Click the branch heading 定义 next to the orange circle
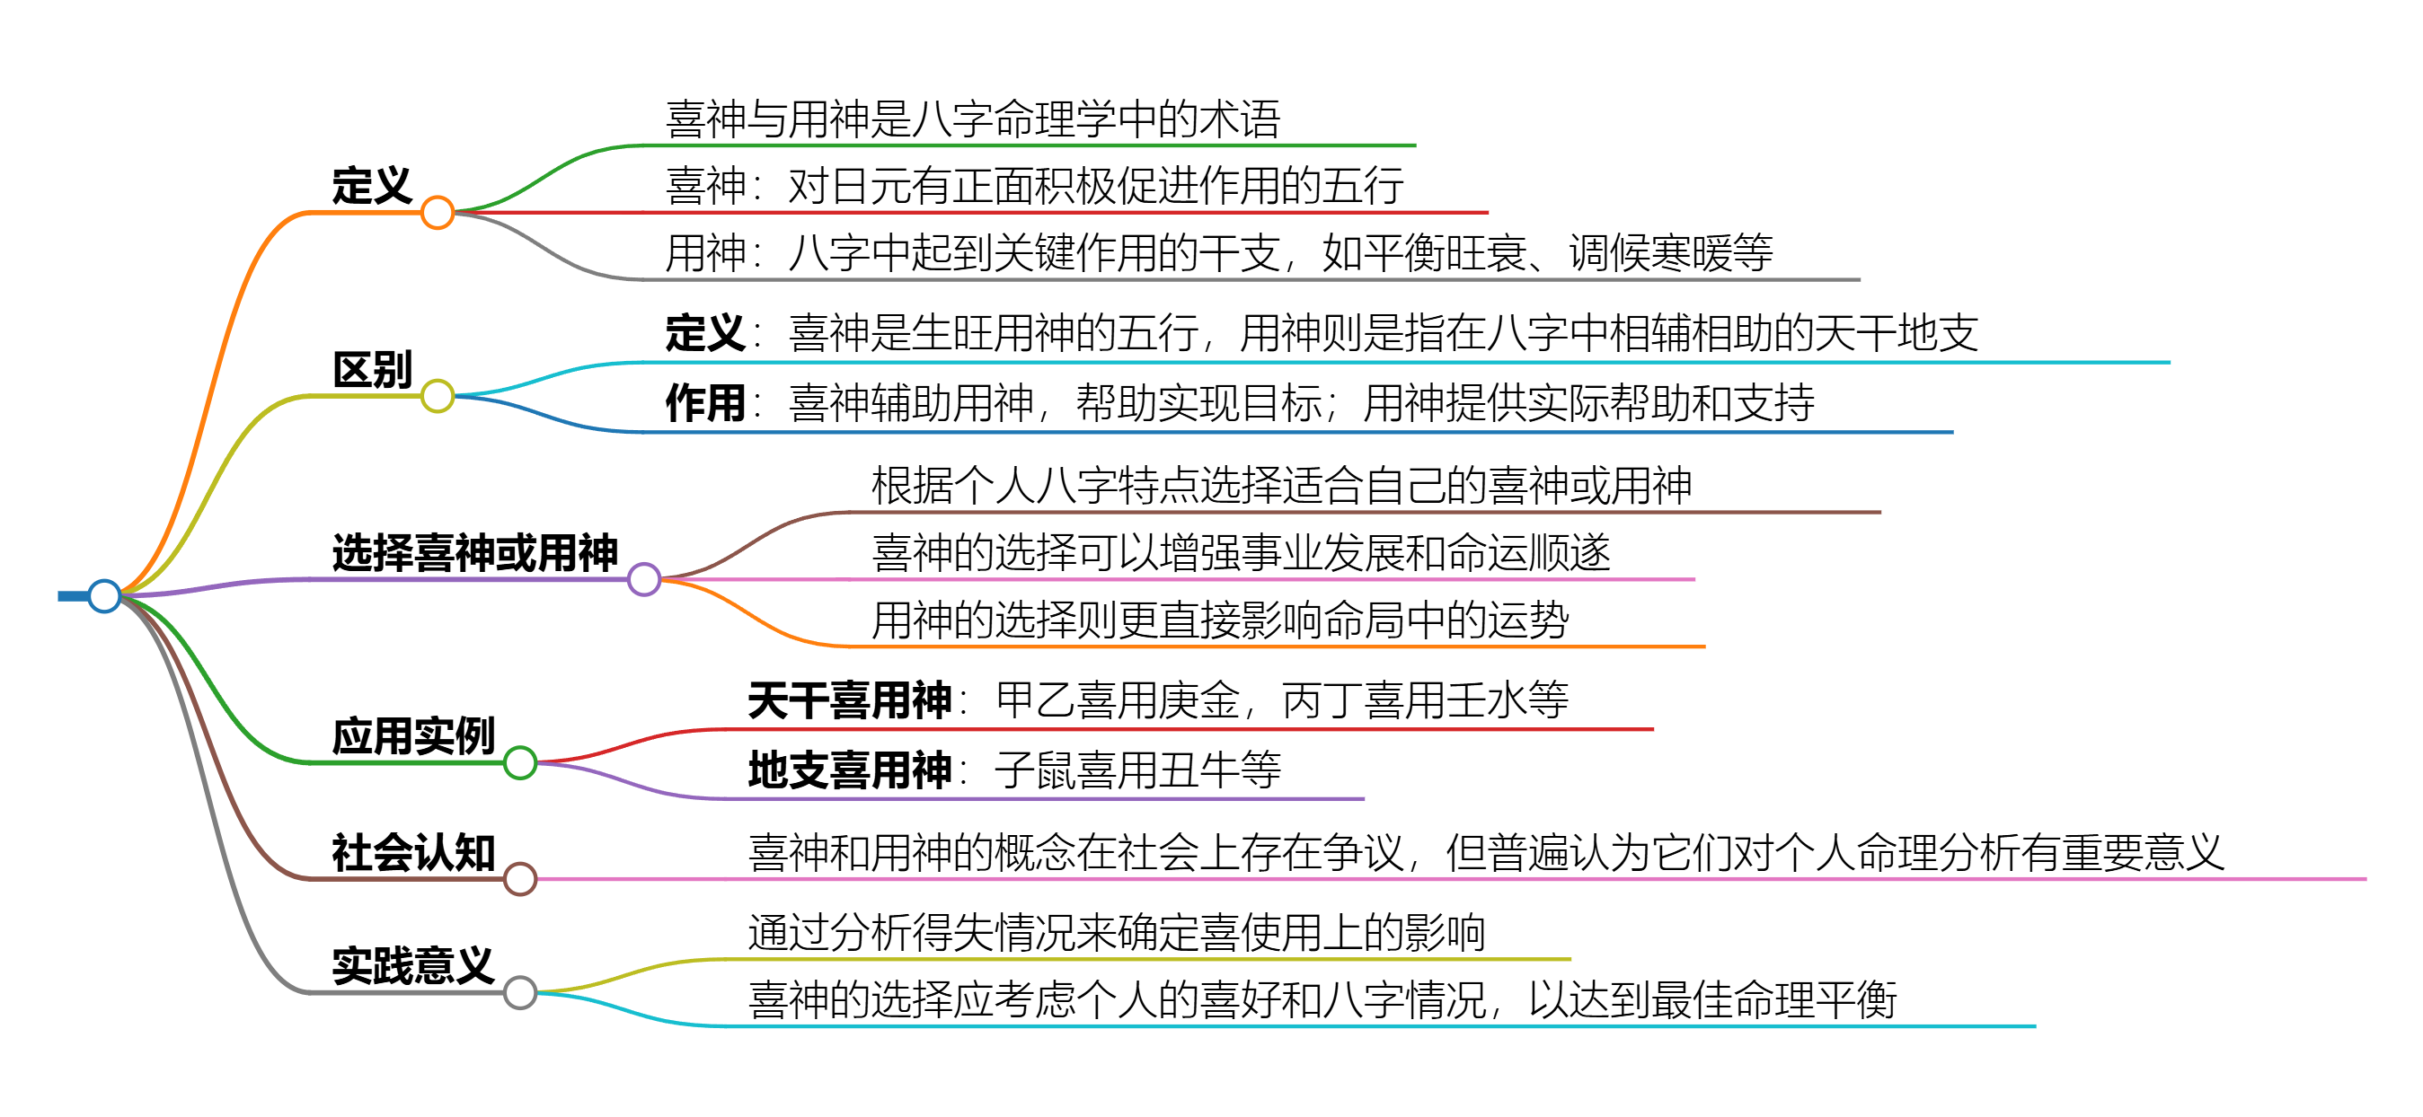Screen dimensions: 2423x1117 pyautogui.click(x=373, y=185)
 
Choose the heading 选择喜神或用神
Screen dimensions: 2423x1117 pyautogui.click(x=475, y=553)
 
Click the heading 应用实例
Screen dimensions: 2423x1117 pyautogui.click(x=414, y=736)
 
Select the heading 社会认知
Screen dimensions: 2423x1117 pyautogui.click(x=414, y=853)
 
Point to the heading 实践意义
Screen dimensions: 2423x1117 pyautogui.click(x=414, y=965)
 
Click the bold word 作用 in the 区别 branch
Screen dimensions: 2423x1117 pyautogui.click(x=705, y=403)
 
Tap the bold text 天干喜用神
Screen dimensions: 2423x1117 pyautogui.click(x=850, y=700)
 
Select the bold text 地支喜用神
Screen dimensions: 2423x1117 pyautogui.click(x=850, y=770)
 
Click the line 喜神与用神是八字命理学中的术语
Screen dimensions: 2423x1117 pyautogui.click(x=974, y=119)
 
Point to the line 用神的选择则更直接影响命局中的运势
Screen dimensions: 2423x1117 pyautogui.click(x=1221, y=620)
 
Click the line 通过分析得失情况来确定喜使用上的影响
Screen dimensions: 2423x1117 pyautogui.click(x=1118, y=933)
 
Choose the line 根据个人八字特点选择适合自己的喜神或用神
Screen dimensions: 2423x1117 pyautogui.click(x=1282, y=486)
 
